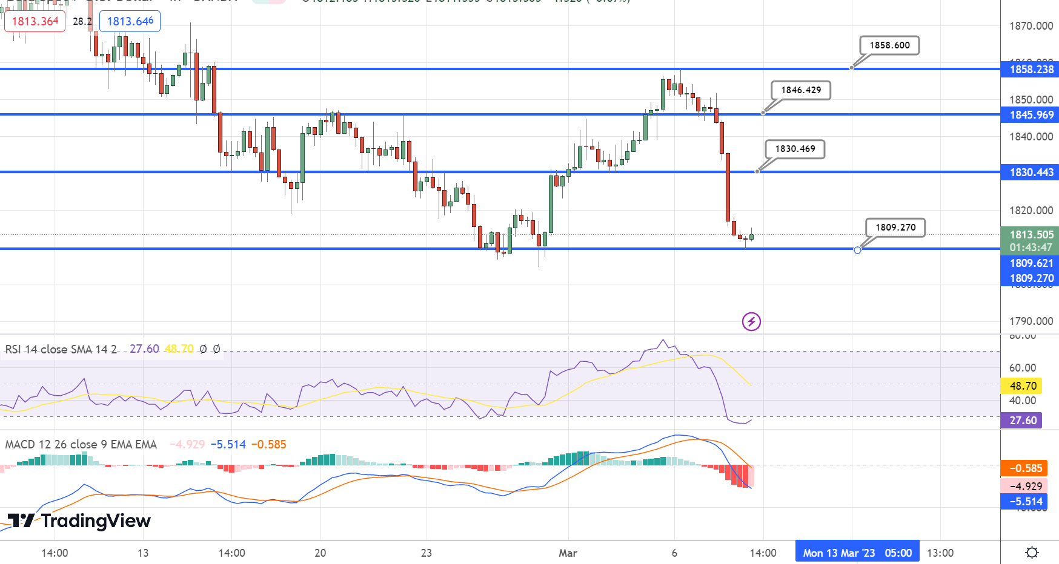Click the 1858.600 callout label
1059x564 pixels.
pyautogui.click(x=889, y=45)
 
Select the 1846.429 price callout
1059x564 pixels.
pyautogui.click(x=801, y=90)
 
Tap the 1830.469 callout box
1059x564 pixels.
pyautogui.click(x=795, y=149)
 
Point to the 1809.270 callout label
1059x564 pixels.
pyautogui.click(x=895, y=228)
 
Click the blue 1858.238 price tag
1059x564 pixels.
pyautogui.click(x=1031, y=70)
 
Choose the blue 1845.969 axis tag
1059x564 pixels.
pyautogui.click(x=1031, y=115)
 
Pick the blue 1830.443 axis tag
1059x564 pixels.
pyautogui.click(x=1031, y=172)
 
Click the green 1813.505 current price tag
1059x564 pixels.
pyautogui.click(x=1031, y=235)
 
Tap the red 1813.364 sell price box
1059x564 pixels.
pyautogui.click(x=35, y=21)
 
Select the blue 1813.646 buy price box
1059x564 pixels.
pyautogui.click(x=130, y=21)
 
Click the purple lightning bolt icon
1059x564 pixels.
pyautogui.click(x=751, y=321)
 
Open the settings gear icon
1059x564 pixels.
pyautogui.click(x=1032, y=553)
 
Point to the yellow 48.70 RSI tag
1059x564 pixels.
pyautogui.click(x=1023, y=386)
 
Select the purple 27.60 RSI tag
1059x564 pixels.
pyautogui.click(x=1023, y=421)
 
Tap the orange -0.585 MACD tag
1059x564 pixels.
pyautogui.click(x=1025, y=468)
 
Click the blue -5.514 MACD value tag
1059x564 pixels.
pyautogui.click(x=1025, y=502)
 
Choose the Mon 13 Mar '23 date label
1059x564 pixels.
pyautogui.click(x=838, y=553)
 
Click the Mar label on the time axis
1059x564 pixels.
pyautogui.click(x=568, y=553)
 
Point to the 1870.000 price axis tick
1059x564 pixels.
pyautogui.click(x=1031, y=26)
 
